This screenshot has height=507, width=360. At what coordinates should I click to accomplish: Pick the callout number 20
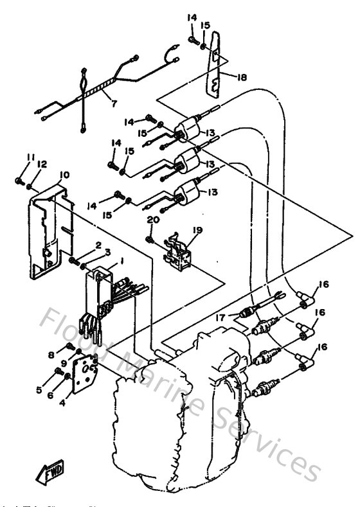152,220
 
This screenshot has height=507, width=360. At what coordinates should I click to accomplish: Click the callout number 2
99,245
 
